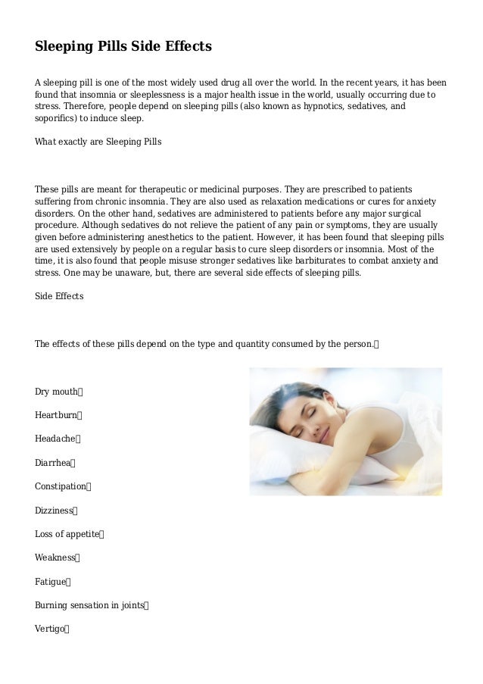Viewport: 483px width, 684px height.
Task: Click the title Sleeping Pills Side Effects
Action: pyautogui.click(x=123, y=47)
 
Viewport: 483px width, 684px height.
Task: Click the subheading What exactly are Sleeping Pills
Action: pyautogui.click(x=98, y=142)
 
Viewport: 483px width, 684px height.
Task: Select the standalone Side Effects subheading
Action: pyautogui.click(x=59, y=296)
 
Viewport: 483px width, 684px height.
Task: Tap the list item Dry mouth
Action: pyautogui.click(x=57, y=392)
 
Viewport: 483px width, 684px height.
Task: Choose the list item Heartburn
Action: pyautogui.click(x=57, y=415)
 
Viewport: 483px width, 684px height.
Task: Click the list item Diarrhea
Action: pyautogui.click(x=54, y=463)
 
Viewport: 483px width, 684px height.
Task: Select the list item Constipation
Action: pyautogui.click(x=61, y=486)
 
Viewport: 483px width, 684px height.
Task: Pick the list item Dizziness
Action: pyautogui.click(x=55, y=511)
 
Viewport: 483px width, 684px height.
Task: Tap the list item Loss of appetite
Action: pyautogui.click(x=67, y=534)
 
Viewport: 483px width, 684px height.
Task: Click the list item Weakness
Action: pyautogui.click(x=55, y=558)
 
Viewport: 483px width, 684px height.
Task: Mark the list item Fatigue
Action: pyautogui.click(x=51, y=582)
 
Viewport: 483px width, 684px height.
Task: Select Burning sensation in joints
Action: pyautogui.click(x=89, y=605)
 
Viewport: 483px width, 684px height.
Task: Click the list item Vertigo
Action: pyautogui.click(x=51, y=629)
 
